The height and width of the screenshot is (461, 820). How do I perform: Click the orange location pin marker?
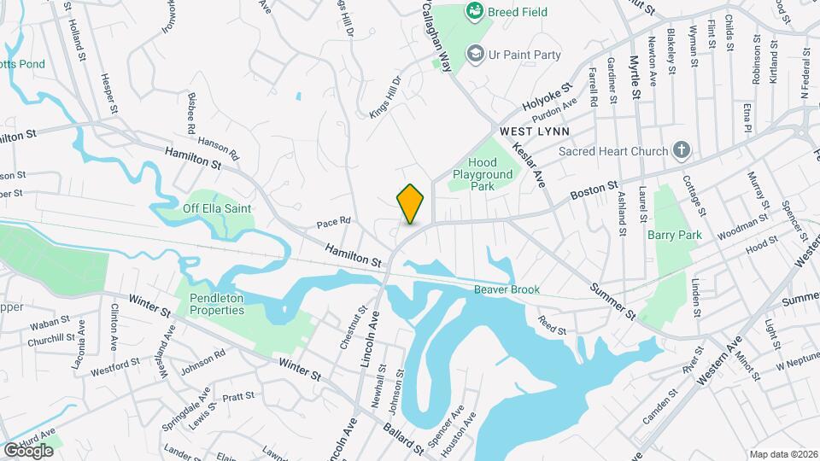pos(410,204)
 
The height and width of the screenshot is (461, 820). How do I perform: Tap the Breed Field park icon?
pos(474,12)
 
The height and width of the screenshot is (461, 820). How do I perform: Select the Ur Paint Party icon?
pos(474,55)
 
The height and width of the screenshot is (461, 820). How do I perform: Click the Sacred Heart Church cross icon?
pos(681,151)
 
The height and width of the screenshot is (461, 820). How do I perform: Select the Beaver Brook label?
pos(507,290)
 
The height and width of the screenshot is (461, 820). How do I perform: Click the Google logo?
pos(27,450)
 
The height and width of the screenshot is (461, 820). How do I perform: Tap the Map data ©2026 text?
pos(782,453)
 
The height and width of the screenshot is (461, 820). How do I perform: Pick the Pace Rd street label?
pos(334,221)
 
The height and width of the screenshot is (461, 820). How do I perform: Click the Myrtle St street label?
pos(635,76)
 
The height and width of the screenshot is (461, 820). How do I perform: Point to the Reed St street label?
pos(553,324)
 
